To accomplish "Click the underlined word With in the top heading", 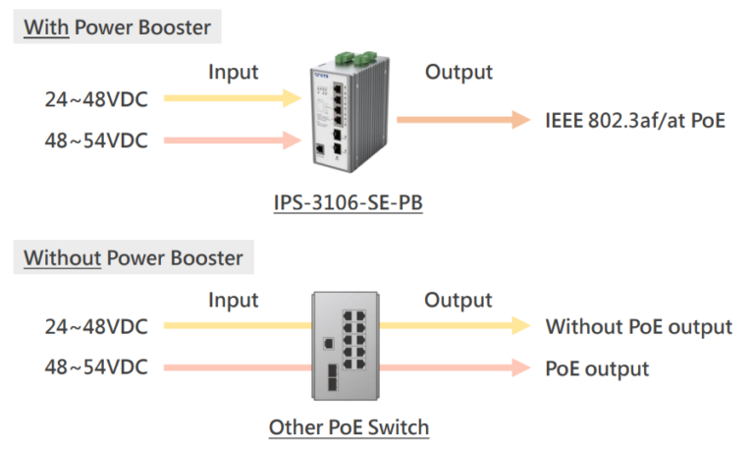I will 46,27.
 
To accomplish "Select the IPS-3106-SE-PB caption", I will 349,204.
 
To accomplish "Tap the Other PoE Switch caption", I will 349,427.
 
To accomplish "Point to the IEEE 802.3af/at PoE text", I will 635,121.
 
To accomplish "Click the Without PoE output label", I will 638,326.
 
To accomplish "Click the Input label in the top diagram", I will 233,72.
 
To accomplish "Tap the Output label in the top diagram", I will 458,72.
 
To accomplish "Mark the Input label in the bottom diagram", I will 233,300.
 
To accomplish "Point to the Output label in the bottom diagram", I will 458,300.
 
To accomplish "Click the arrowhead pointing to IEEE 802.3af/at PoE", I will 518,120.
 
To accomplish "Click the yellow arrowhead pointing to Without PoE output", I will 518,325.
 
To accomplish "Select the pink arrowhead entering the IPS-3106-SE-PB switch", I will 290,140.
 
